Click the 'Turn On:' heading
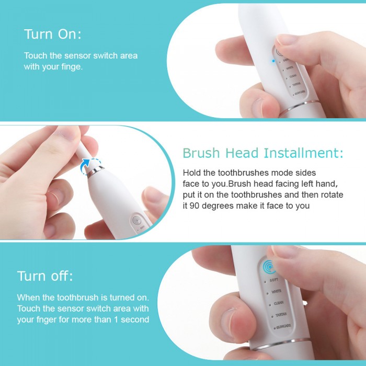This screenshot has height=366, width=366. click(52, 35)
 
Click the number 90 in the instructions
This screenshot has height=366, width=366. click(196, 205)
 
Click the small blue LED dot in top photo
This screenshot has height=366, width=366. click(273, 60)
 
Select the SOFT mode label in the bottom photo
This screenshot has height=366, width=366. click(273, 280)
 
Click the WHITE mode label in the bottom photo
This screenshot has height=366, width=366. click(276, 292)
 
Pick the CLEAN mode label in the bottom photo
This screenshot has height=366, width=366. click(278, 304)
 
